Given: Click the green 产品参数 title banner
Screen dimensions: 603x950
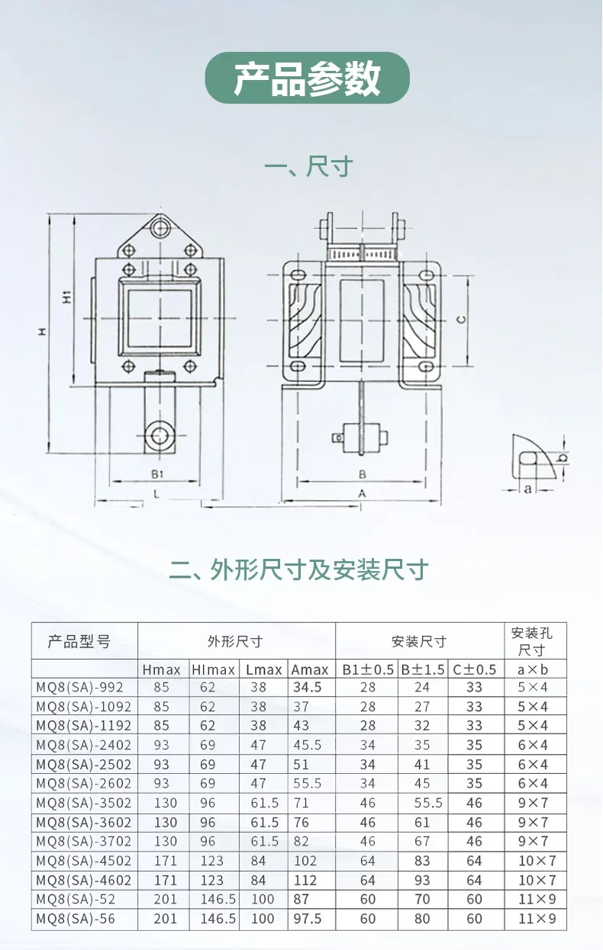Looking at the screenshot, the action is click(307, 78).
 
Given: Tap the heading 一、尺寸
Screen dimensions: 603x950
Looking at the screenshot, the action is click(308, 167).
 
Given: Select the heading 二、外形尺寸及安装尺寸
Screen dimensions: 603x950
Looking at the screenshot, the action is click(298, 570).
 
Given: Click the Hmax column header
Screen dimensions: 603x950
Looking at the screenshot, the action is click(161, 669).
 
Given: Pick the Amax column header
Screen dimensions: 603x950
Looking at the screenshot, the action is click(310, 669).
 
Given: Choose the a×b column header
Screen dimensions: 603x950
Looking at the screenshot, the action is click(533, 669).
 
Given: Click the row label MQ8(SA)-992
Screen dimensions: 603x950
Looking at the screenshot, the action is click(80, 687).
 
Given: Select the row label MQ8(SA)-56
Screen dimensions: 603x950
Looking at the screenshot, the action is click(76, 919).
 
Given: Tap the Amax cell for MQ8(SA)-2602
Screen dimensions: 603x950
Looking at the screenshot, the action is click(307, 783).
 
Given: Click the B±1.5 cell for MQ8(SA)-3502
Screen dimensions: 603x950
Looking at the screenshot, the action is click(428, 803).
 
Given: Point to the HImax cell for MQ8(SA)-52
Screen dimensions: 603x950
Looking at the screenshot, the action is click(218, 899).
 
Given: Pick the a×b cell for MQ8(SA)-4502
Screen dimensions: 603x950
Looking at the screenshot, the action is click(537, 861).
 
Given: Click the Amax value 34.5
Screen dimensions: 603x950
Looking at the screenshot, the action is click(307, 687).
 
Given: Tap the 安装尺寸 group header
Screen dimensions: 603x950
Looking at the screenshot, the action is click(419, 641).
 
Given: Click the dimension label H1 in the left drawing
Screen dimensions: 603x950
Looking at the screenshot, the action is click(67, 297).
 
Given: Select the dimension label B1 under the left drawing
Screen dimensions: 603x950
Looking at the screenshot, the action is click(157, 474).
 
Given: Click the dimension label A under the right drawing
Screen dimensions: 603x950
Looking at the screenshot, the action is click(362, 493).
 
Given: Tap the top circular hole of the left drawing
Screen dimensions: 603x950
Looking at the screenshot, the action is click(160, 229).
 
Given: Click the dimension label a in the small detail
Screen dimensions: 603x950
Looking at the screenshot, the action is click(527, 489).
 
